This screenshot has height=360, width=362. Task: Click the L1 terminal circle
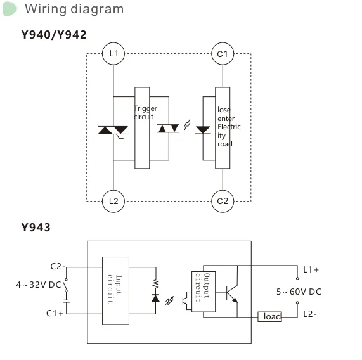[x=113, y=54]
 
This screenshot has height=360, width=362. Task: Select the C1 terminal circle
[x=222, y=54]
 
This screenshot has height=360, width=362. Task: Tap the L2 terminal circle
[x=113, y=201]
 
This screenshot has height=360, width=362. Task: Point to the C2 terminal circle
[x=222, y=201]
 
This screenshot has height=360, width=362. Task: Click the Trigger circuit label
[x=145, y=112]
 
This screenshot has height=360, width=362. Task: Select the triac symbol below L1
[x=113, y=131]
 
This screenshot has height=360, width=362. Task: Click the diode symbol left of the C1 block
[x=203, y=129]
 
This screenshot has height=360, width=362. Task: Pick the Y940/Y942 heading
[x=54, y=35]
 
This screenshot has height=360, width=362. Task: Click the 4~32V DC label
[x=38, y=285]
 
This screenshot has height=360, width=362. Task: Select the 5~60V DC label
[x=298, y=292]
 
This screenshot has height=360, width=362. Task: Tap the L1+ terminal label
[x=311, y=269]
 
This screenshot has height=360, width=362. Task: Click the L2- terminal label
[x=311, y=314]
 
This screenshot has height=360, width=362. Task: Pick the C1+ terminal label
[x=55, y=313]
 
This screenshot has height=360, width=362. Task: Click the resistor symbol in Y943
[x=155, y=284]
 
